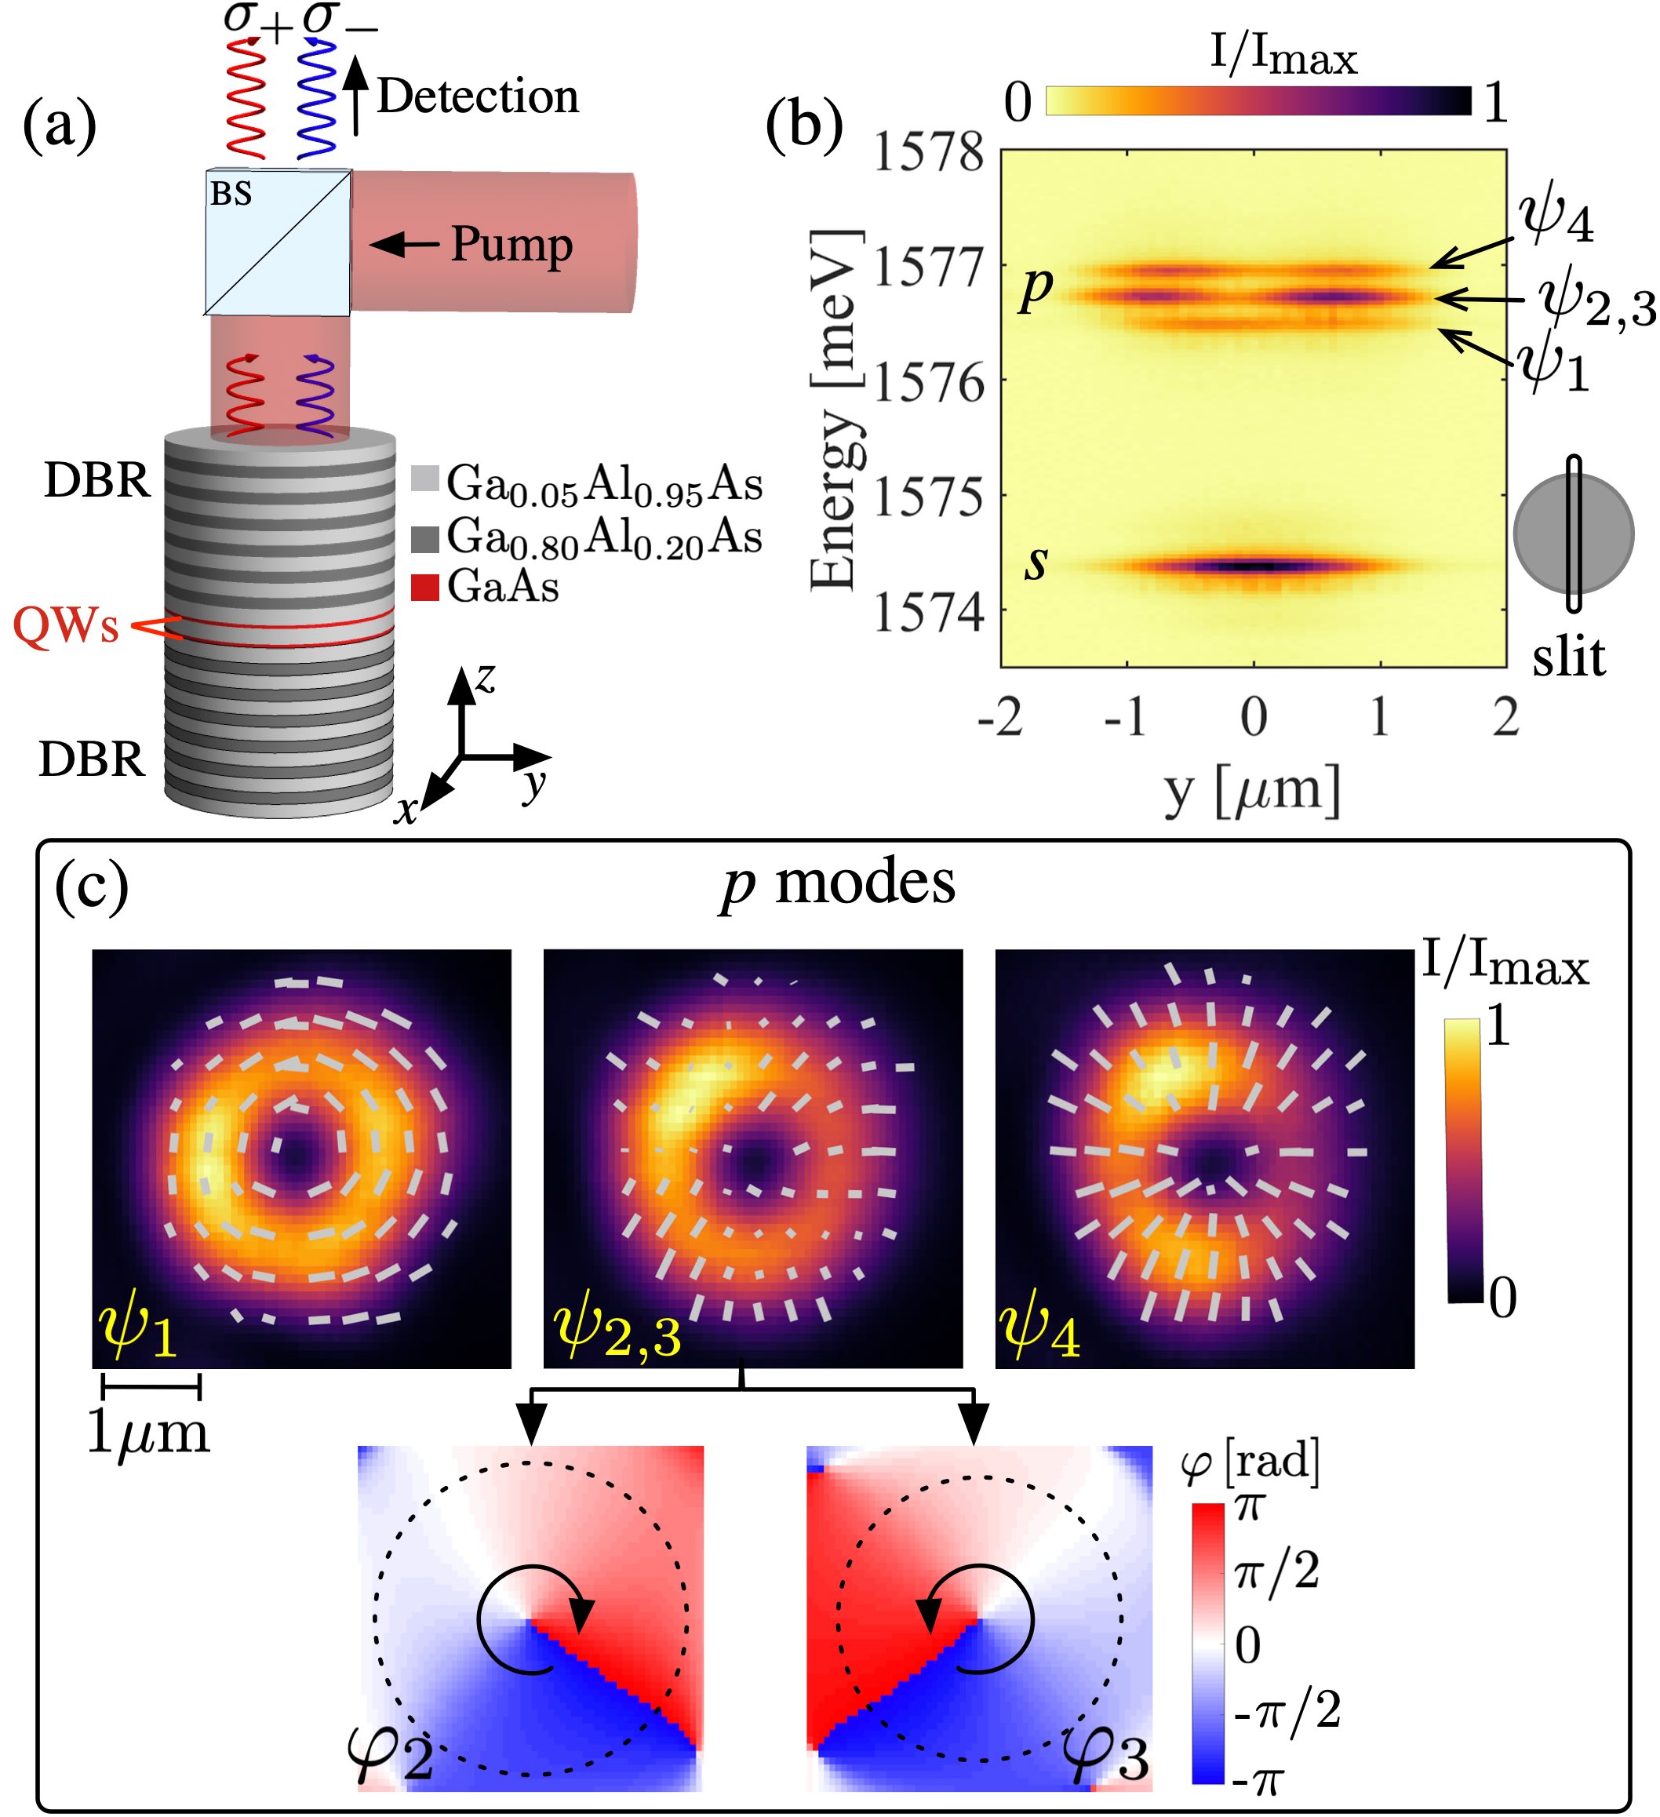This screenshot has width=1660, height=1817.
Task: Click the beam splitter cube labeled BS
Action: coord(278,242)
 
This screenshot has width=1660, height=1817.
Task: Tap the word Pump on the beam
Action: coord(511,244)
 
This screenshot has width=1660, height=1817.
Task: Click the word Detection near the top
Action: coord(477,96)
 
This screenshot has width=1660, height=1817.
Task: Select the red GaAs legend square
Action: coord(424,588)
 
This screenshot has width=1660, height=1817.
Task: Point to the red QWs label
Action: coord(66,625)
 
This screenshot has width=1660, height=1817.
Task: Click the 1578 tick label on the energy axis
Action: coord(929,151)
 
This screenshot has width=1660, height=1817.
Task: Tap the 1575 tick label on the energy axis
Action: coord(929,497)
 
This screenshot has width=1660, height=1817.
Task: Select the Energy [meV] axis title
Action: coord(834,410)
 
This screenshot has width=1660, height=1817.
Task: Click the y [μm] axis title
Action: coord(1252,791)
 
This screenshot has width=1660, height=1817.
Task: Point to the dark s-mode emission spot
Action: coord(1252,566)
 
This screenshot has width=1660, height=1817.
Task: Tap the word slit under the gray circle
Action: coord(1568,656)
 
